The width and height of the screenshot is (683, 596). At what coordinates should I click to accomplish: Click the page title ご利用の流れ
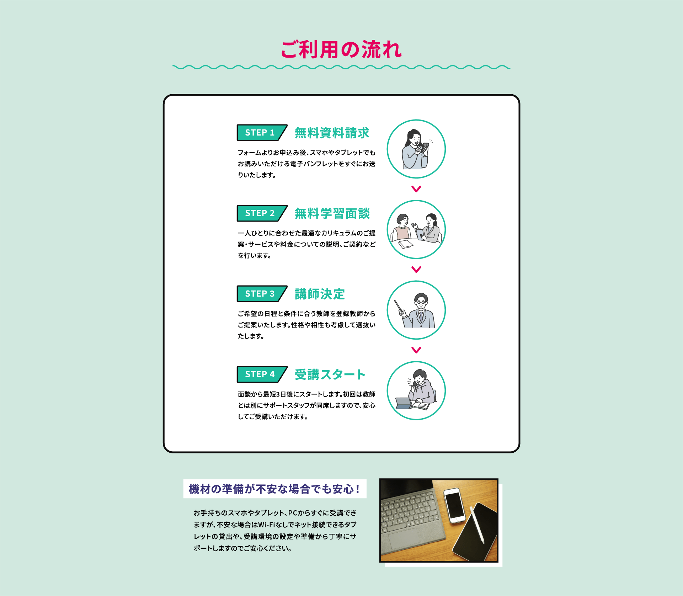click(x=341, y=49)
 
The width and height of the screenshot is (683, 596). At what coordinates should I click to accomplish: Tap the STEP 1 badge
click(x=262, y=133)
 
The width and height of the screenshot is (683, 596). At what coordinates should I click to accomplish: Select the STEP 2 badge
click(x=262, y=213)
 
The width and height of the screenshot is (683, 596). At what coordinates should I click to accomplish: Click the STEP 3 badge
click(x=262, y=294)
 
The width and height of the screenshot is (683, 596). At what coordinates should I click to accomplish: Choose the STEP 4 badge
click(x=262, y=374)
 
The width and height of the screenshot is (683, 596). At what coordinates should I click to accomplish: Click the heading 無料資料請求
click(x=332, y=133)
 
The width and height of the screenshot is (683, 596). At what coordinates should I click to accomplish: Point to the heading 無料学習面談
click(x=332, y=214)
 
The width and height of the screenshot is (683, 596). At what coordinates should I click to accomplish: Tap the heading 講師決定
click(x=320, y=294)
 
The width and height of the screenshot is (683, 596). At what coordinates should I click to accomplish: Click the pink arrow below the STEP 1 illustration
click(x=416, y=189)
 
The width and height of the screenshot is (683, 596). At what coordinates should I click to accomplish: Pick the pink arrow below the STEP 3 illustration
click(x=416, y=350)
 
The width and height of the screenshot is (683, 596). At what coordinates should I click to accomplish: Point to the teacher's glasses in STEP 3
click(x=421, y=302)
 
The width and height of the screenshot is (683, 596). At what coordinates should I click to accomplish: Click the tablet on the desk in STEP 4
click(x=404, y=403)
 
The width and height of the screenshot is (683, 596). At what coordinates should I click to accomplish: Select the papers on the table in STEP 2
click(x=406, y=244)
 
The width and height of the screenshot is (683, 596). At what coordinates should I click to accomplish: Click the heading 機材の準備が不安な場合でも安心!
click(x=274, y=489)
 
